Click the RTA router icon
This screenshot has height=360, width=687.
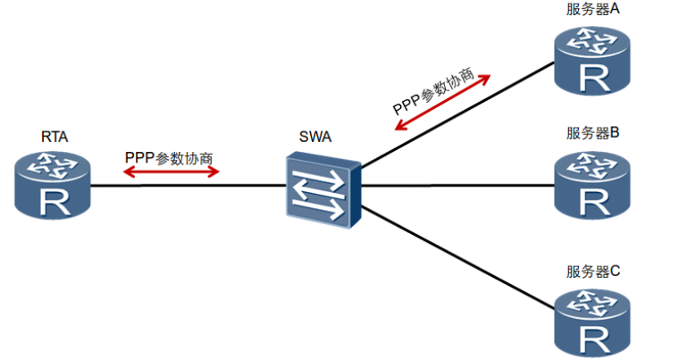53,185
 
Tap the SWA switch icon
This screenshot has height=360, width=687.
323,189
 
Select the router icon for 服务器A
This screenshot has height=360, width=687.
592,61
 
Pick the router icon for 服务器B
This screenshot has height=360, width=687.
592,185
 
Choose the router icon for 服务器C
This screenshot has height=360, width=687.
592,323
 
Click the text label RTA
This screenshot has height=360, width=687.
54,137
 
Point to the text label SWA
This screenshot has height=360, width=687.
315,137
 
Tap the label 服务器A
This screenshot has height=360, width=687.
593,9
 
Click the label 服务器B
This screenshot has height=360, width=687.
593,133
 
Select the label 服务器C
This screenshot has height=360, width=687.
593,271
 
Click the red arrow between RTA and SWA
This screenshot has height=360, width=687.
172,172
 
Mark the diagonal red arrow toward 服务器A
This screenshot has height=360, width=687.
442,103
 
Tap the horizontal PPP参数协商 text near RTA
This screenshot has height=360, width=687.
169,158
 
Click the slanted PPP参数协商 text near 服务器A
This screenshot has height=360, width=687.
434,91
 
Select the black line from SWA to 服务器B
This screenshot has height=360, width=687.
458,185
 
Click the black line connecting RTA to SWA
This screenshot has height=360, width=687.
189,186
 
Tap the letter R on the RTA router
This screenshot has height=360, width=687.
54,202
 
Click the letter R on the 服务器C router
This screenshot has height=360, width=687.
594,339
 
